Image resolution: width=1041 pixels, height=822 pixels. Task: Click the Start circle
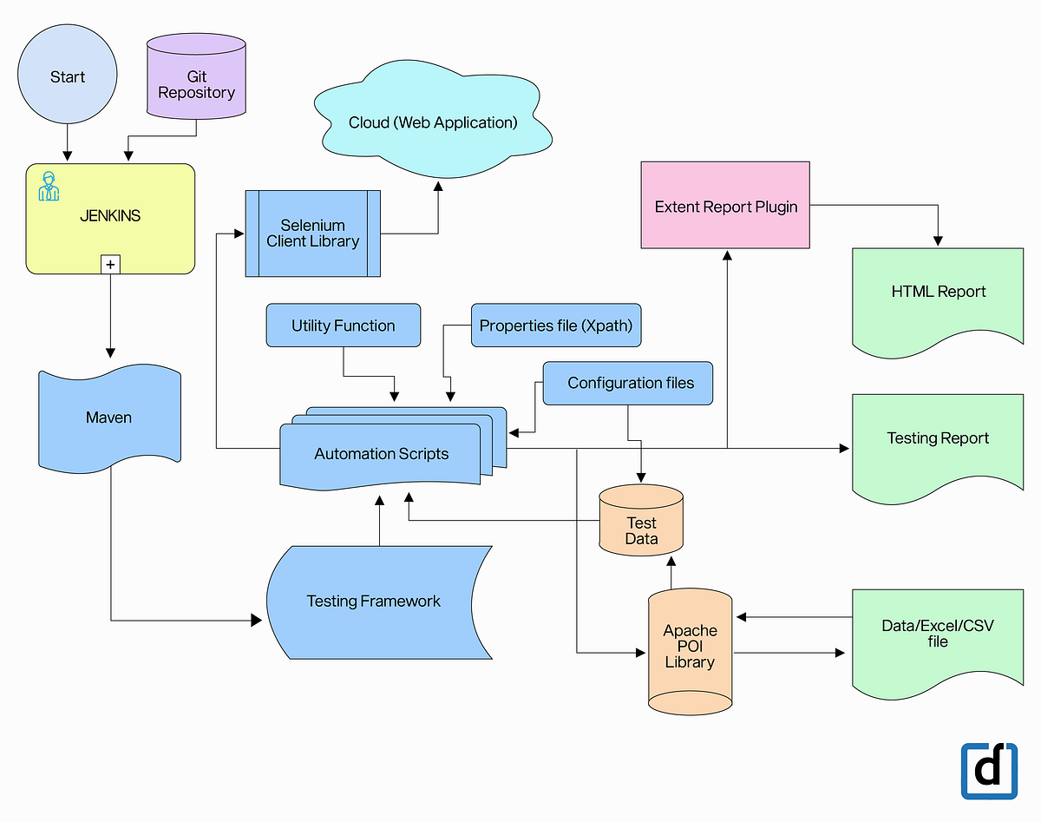pyautogui.click(x=67, y=77)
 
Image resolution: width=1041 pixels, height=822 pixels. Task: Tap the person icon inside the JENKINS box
pyautogui.click(x=49, y=187)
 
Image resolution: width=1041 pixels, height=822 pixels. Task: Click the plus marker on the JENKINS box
pyautogui.click(x=110, y=264)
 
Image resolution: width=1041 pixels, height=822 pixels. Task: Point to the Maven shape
pyautogui.click(x=109, y=418)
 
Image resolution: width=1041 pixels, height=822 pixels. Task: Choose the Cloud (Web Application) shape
pyautogui.click(x=433, y=122)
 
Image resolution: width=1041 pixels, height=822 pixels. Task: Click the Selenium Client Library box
pyautogui.click(x=312, y=233)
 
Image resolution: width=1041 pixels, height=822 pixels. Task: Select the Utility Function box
pyautogui.click(x=343, y=326)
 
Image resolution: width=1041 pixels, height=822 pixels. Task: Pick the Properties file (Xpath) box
pyautogui.click(x=556, y=326)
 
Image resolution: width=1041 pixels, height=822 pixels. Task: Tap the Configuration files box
pyautogui.click(x=630, y=383)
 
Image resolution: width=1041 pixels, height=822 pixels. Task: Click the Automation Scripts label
pyautogui.click(x=382, y=453)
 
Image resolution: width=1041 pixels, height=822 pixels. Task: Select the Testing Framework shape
pyautogui.click(x=373, y=602)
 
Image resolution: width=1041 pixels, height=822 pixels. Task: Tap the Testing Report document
pyautogui.click(x=937, y=439)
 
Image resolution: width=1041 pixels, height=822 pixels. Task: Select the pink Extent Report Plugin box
pyautogui.click(x=725, y=206)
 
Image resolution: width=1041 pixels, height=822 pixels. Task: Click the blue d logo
pyautogui.click(x=989, y=770)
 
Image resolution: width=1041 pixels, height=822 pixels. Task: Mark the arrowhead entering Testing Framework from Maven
pyautogui.click(x=256, y=620)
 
